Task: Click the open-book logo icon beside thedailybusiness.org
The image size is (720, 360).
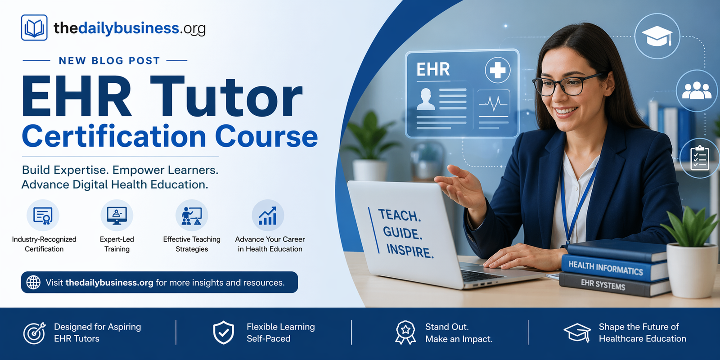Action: [34, 28]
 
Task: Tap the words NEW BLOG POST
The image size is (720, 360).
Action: [109, 61]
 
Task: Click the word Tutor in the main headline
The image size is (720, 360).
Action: [226, 97]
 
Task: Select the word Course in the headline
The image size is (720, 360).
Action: [266, 136]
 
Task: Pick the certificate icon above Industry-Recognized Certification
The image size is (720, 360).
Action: [43, 216]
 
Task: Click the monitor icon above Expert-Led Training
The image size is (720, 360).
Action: [117, 216]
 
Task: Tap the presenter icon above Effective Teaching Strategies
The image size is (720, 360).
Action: [192, 216]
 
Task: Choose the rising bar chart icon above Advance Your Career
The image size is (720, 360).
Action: [268, 216]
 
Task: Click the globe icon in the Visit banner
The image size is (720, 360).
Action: [33, 282]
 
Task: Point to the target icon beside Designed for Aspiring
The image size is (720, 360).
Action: [35, 333]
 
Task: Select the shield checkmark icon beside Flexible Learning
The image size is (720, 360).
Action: [224, 333]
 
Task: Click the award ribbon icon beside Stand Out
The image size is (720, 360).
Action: [405, 333]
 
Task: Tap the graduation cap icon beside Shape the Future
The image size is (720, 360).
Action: [577, 333]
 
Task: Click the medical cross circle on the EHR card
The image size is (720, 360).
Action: [497, 70]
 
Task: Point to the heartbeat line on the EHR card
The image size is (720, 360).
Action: [493, 105]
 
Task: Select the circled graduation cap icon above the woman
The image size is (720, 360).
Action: [657, 36]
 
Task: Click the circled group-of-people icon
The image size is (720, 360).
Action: [697, 90]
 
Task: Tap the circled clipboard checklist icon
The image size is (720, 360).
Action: [700, 158]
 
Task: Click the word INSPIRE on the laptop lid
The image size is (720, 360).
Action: [409, 251]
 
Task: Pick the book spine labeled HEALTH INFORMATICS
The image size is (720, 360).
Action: [606, 268]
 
